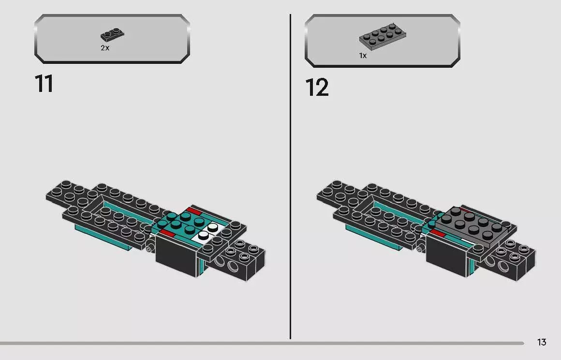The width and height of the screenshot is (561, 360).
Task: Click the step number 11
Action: coord(44,84)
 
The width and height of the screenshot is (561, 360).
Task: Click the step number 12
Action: coord(317,88)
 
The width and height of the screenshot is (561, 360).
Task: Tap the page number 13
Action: coord(541,343)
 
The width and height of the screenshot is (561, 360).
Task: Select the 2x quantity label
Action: coord(105,48)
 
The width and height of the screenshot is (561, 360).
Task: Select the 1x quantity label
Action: coord(363,56)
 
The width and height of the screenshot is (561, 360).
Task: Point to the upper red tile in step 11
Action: coord(194,211)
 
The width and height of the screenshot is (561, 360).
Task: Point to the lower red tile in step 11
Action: coord(167,234)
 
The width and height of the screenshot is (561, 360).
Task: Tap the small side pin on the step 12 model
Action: coord(421,248)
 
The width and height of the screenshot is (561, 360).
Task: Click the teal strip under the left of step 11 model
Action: coord(102,238)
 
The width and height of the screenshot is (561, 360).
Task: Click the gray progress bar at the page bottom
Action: coord(261,343)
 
